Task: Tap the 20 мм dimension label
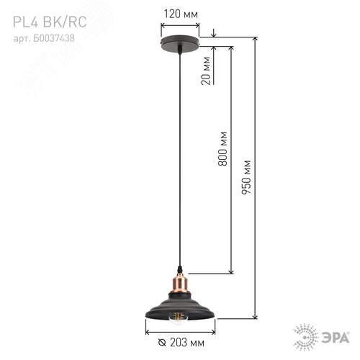coord(207,73)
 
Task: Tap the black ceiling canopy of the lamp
coord(179,43)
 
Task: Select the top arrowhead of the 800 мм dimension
coord(230,52)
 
